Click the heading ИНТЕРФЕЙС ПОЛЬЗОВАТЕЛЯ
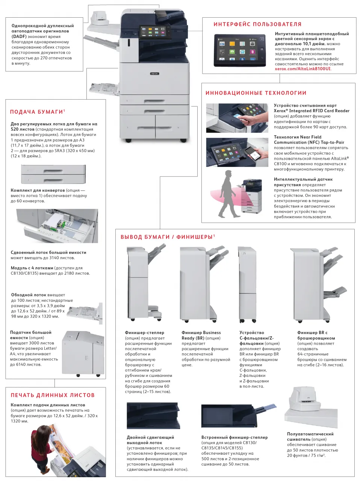tap(257, 24)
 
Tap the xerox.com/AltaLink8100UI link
tap(303, 69)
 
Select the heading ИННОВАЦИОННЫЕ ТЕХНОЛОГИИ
tap(256, 93)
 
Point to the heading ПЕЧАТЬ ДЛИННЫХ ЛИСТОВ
tap(53, 395)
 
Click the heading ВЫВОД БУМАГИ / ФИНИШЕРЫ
tap(167, 237)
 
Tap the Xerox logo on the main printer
tap(155, 74)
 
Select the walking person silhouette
tap(229, 194)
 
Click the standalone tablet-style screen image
tap(240, 50)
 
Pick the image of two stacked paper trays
tap(53, 174)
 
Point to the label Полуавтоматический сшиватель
tap(310, 436)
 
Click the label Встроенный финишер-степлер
tap(234, 437)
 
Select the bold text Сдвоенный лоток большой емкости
tap(48, 253)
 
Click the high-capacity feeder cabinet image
tap(83, 353)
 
